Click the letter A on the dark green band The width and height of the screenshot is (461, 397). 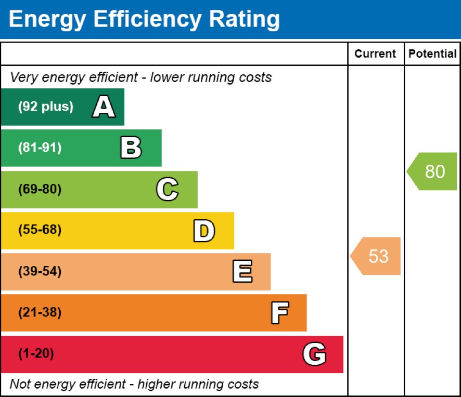104,108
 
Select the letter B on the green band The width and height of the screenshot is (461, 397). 131,148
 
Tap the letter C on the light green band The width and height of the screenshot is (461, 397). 167,190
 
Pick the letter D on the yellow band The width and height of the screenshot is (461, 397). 204,231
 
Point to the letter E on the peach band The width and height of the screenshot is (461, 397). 242,272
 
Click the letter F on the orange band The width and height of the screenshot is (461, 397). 279,313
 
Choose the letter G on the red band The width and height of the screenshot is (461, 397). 314,354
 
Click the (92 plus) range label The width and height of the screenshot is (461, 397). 46,107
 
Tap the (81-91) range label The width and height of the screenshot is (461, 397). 40,148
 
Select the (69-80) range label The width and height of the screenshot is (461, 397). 40,190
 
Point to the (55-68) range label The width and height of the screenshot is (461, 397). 40,230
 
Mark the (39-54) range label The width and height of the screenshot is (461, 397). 40,272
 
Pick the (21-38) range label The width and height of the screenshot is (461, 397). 40,313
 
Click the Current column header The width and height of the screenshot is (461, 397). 375,54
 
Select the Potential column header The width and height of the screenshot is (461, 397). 432,54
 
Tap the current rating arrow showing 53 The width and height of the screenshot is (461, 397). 376,256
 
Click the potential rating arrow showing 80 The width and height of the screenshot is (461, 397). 432,171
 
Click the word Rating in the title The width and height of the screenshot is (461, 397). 244,19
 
